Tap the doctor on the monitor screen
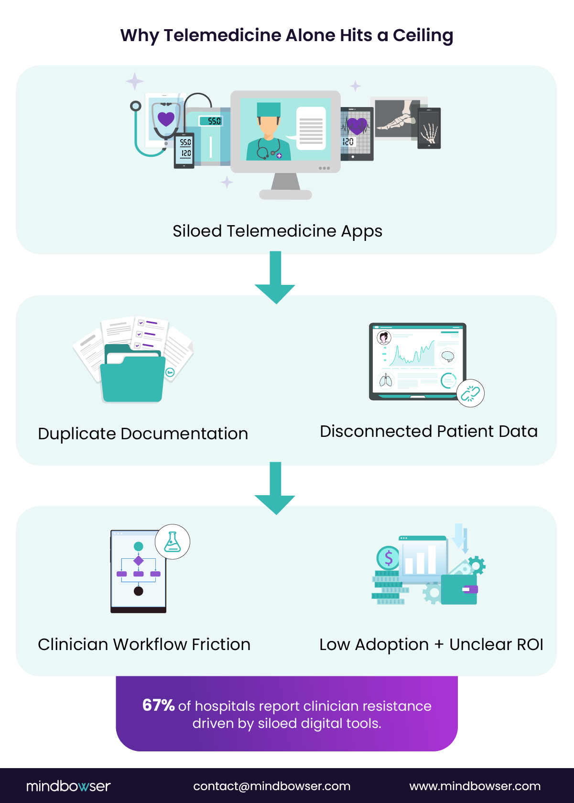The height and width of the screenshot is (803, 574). [268, 131]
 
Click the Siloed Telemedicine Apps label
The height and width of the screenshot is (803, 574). [277, 231]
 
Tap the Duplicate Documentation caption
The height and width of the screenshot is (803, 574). [143, 434]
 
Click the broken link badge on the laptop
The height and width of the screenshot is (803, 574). [470, 393]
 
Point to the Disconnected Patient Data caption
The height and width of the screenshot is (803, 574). [429, 432]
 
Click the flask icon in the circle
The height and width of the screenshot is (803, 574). [172, 542]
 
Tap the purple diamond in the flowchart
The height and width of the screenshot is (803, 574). [139, 560]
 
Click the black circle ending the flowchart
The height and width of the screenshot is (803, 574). [139, 591]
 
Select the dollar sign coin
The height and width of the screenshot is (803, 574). [388, 557]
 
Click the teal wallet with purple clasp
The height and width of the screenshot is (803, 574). [459, 589]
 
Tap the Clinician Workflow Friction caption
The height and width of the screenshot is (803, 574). [144, 645]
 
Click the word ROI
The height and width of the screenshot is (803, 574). [530, 645]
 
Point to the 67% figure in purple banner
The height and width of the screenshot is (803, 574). [158, 705]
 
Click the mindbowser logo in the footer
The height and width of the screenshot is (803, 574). [68, 786]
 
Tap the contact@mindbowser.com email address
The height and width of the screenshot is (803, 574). [271, 786]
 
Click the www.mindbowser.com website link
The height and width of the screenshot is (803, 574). [475, 786]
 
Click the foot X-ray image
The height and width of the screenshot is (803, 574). [397, 119]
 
